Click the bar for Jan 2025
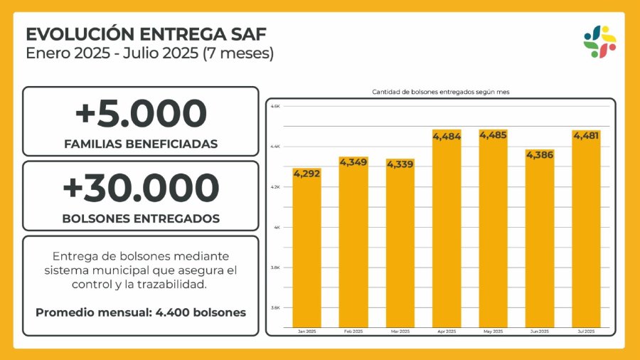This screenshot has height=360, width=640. (x=306, y=249)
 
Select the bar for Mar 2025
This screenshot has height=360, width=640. (x=400, y=245)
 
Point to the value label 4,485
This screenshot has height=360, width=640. (x=493, y=134)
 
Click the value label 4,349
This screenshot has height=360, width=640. (x=353, y=162)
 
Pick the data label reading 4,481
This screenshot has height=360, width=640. (x=586, y=135)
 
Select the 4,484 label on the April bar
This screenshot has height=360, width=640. (x=447, y=135)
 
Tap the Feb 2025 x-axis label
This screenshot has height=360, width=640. (x=353, y=332)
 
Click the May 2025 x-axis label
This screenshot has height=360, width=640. (x=493, y=332)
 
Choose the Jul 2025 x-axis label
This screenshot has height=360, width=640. (x=586, y=332)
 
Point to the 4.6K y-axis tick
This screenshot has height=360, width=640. (x=276, y=106)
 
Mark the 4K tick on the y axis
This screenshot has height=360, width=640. (x=278, y=227)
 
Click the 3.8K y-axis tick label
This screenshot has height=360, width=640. (x=276, y=268)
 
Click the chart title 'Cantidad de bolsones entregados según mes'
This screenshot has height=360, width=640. (x=440, y=92)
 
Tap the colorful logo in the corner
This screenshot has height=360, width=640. (x=599, y=42)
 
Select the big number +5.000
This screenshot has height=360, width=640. (x=141, y=114)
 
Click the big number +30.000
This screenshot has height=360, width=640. (x=141, y=188)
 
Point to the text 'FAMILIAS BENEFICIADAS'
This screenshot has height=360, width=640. (x=141, y=144)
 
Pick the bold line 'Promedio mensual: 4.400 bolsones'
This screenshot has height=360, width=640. (x=141, y=312)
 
